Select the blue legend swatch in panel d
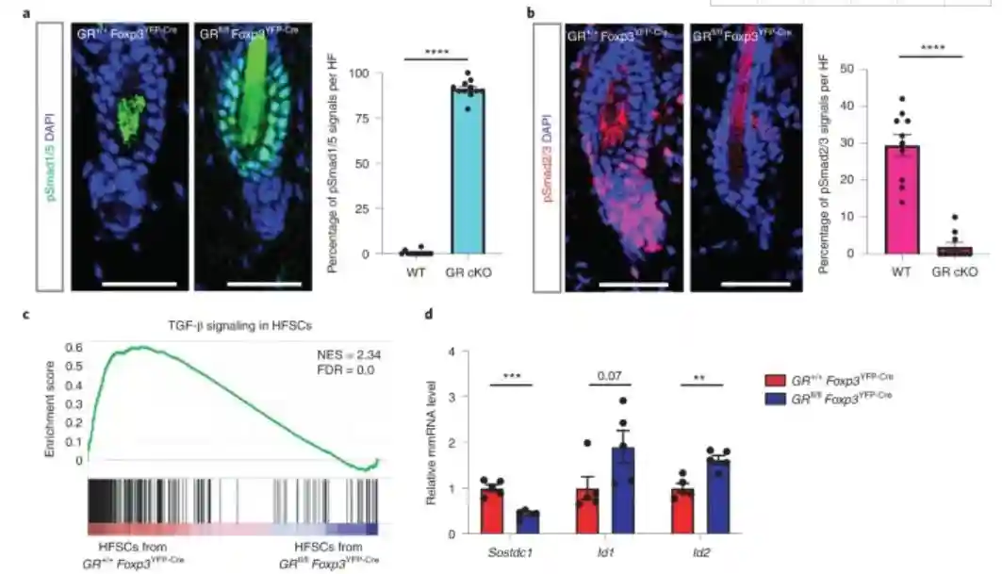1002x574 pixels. point(776,398)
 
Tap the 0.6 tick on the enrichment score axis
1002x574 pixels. point(73,347)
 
